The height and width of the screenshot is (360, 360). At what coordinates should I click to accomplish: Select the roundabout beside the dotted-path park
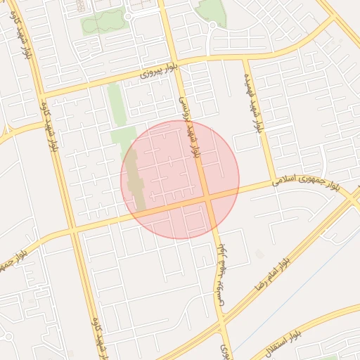[x=128, y=16]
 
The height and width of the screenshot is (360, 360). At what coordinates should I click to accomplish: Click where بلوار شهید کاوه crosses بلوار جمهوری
[x=73, y=229]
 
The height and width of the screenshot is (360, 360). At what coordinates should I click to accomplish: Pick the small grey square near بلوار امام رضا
[x=261, y=254]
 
